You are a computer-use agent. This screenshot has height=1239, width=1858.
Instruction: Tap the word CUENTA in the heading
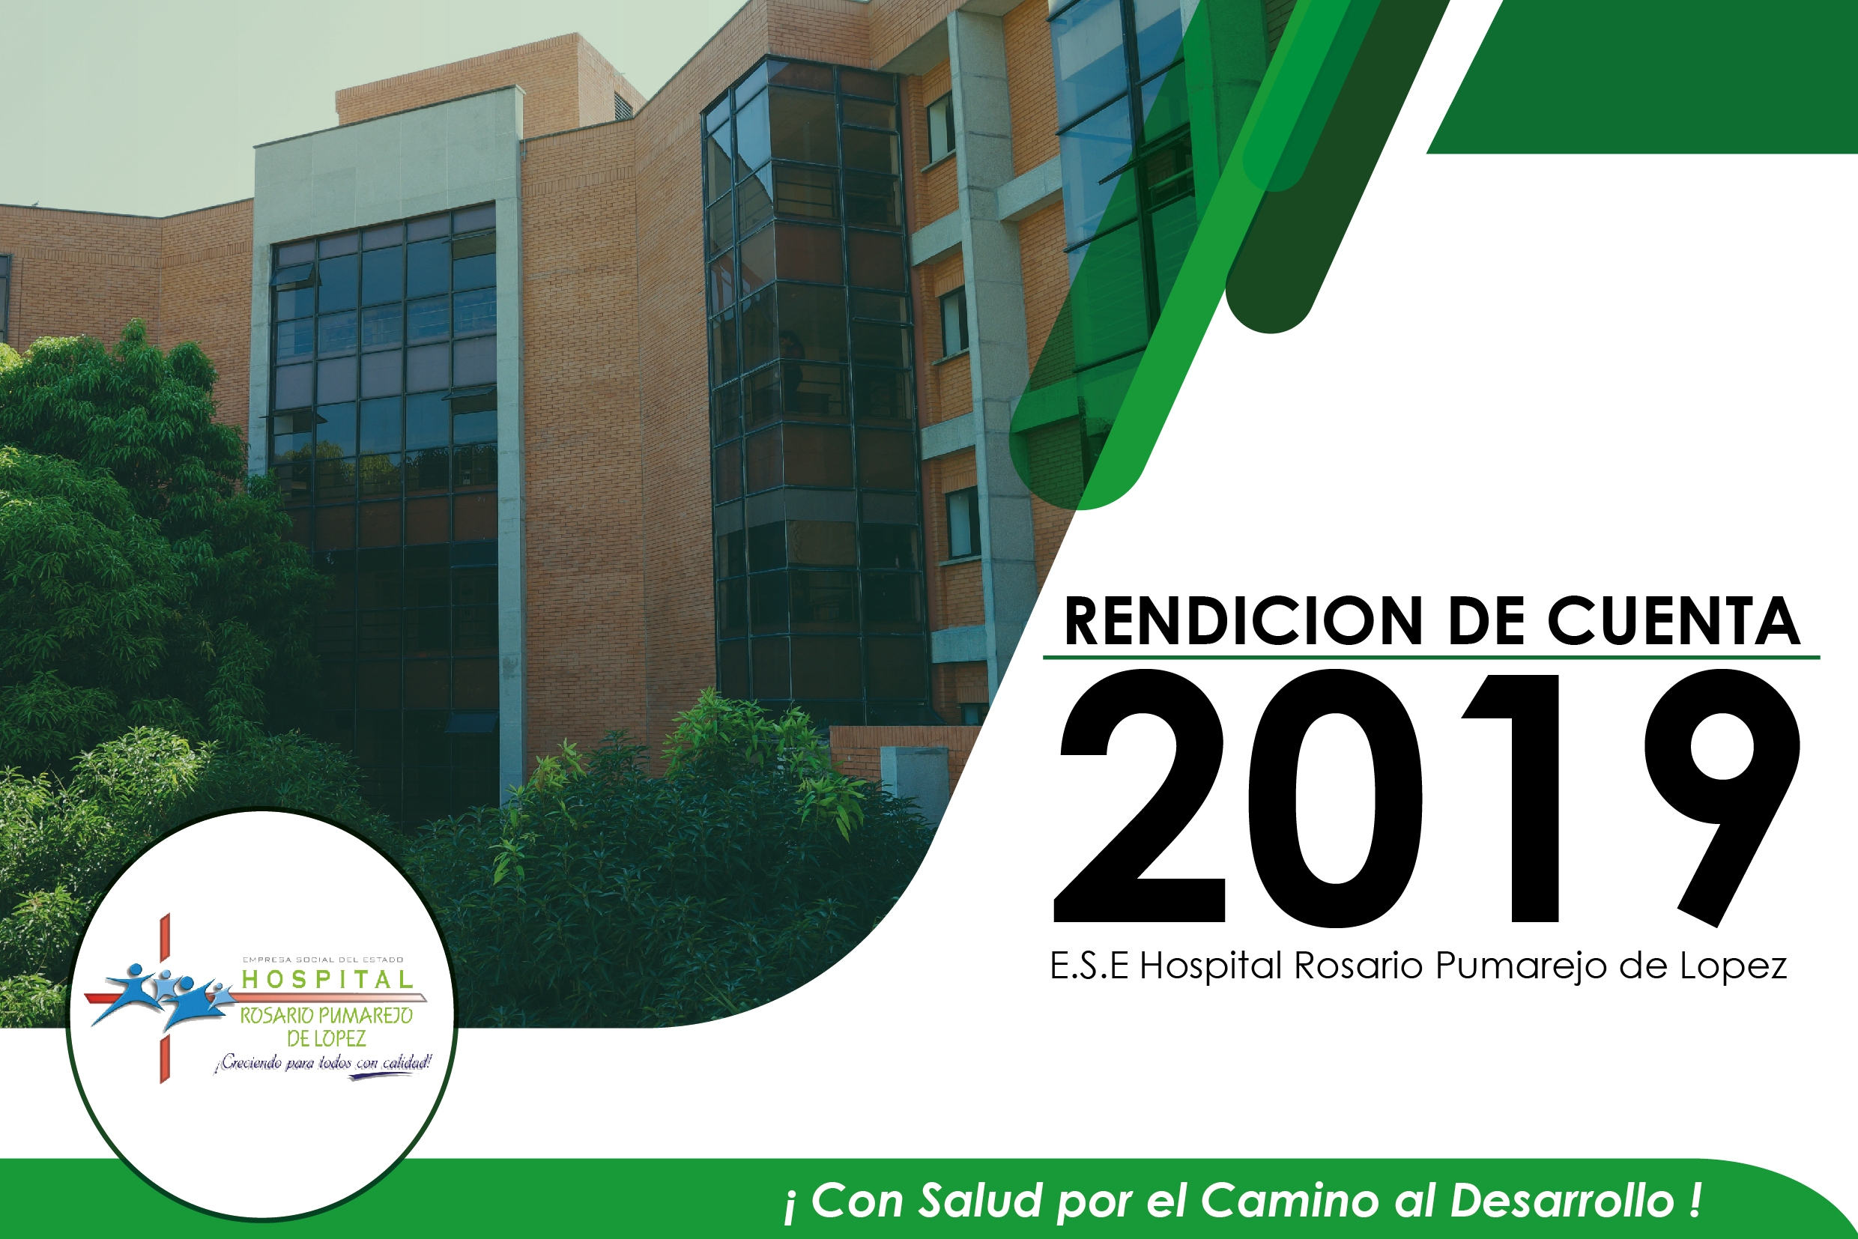click(1674, 621)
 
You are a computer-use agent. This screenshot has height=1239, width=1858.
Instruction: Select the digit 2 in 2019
click(1140, 796)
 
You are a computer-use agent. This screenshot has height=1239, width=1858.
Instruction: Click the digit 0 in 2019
click(1335, 798)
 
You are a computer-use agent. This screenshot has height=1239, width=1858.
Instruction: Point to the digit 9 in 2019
click(1723, 798)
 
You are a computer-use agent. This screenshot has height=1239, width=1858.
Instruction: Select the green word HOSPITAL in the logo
click(327, 980)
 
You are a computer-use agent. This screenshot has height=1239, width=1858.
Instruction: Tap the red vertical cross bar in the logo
click(165, 998)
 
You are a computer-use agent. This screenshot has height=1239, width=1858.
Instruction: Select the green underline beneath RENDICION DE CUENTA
click(1431, 657)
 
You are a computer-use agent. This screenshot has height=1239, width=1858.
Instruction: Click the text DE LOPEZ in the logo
click(327, 1038)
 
